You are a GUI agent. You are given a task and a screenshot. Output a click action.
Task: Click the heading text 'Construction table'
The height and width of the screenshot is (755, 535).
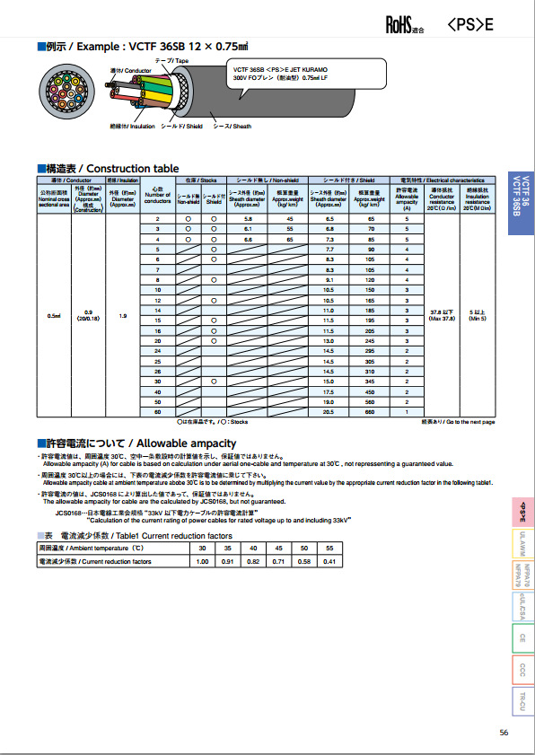pos(133,169)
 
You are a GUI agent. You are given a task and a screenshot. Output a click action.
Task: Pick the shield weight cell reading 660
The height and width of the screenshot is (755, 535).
pos(370,411)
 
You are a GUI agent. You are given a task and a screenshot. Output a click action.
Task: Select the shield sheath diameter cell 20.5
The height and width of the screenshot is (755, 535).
pos(329,411)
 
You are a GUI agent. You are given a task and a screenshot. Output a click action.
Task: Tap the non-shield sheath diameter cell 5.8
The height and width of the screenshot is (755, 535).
pos(249,219)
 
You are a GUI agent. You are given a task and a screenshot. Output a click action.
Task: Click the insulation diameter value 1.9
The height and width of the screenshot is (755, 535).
pos(122,316)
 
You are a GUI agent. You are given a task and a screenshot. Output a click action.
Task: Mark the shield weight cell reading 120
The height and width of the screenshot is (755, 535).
pos(370,280)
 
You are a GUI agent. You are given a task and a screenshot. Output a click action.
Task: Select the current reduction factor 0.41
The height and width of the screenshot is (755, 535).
pos(329,561)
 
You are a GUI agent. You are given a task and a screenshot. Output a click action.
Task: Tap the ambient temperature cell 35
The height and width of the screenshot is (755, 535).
pos(228,548)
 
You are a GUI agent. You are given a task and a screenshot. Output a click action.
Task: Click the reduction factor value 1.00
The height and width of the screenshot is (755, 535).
pos(202,561)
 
